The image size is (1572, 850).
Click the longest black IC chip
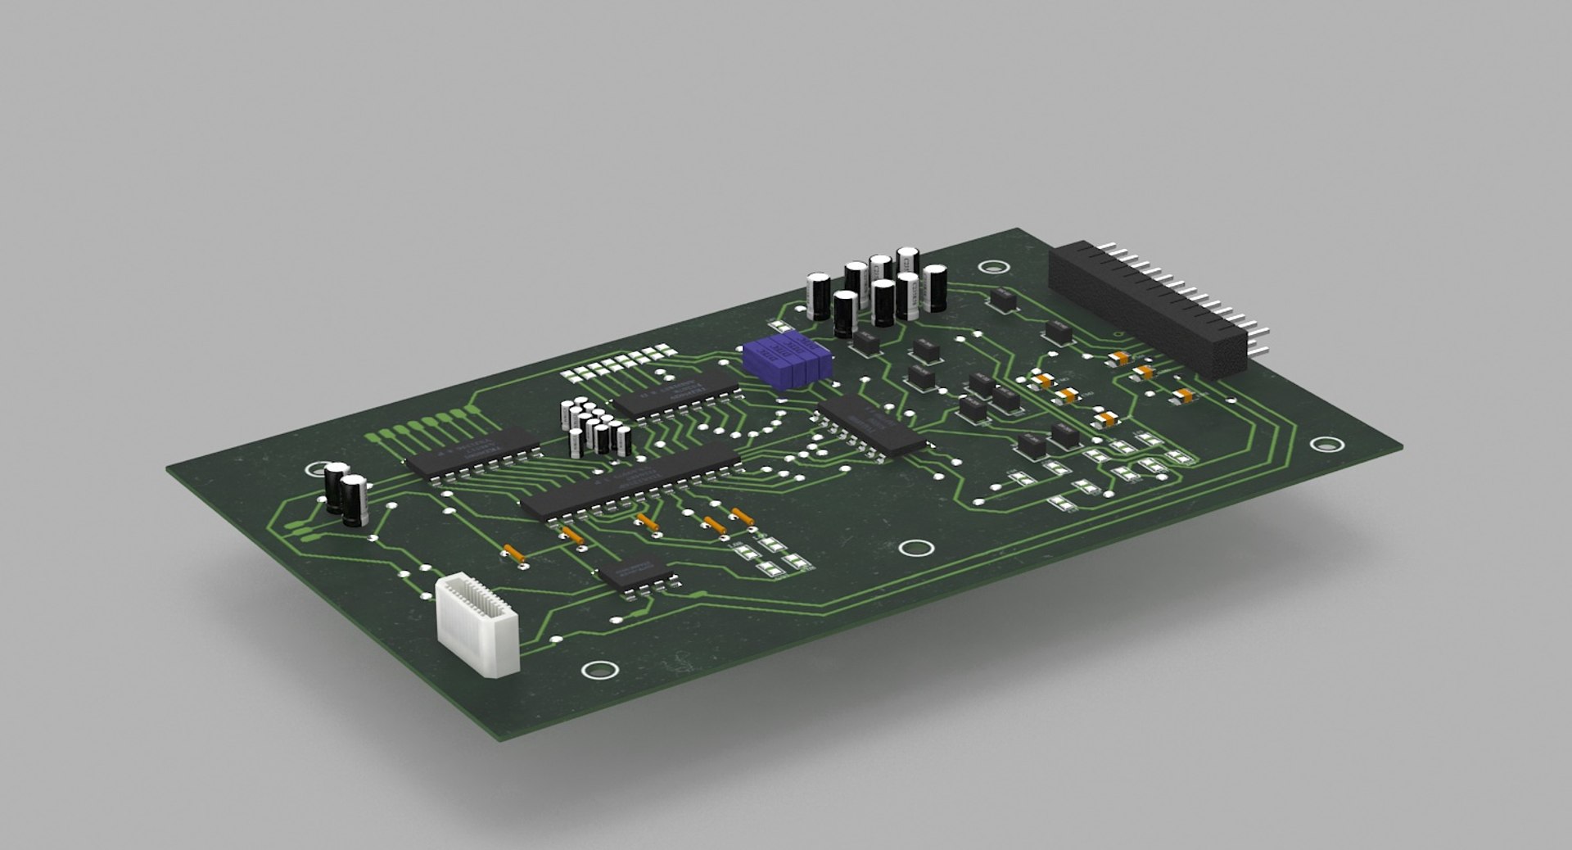tap(630, 483)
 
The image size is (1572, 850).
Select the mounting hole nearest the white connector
tap(600, 670)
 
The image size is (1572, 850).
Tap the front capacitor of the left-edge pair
tap(355, 500)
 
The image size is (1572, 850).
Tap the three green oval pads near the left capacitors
tap(305, 532)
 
